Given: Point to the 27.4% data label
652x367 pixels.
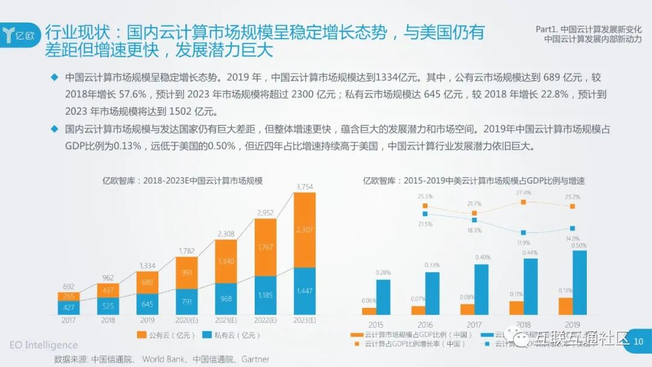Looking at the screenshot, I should click(523, 193).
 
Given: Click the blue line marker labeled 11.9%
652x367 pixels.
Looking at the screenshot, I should click(523, 232).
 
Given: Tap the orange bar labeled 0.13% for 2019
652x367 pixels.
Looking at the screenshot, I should click(565, 306).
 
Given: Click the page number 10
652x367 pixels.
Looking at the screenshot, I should click(639, 342).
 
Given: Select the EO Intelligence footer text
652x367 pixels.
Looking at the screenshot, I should click(43, 345).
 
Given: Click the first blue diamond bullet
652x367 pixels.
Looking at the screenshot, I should click(54, 77).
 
